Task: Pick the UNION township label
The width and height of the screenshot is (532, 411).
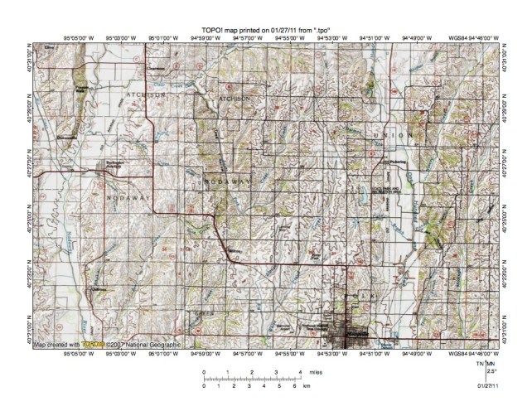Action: [x=391, y=135]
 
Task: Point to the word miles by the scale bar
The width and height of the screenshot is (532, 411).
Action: [x=312, y=373]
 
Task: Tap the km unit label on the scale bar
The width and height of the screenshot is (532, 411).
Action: [x=306, y=386]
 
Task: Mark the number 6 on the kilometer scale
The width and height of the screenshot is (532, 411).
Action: [x=294, y=386]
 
